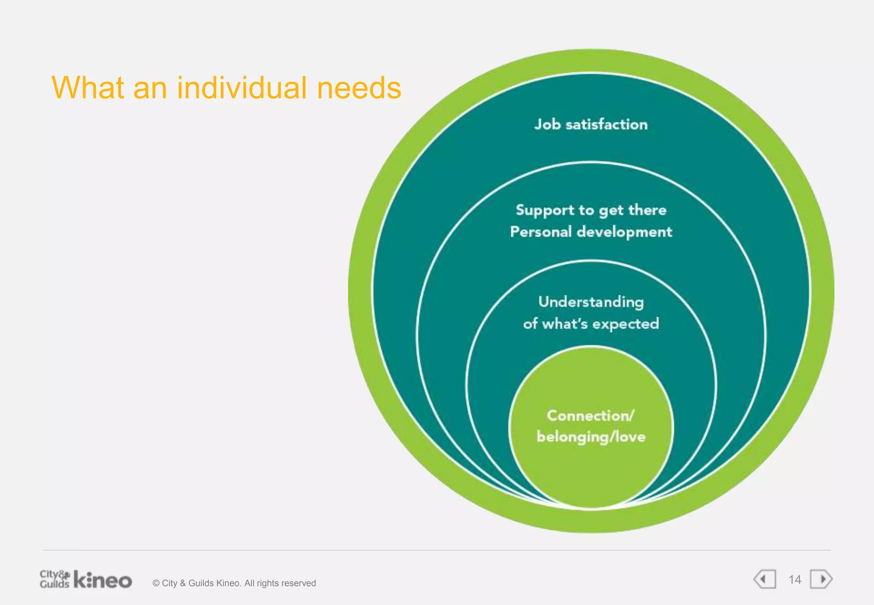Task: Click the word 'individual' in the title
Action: tap(242, 88)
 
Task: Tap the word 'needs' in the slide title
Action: tap(359, 88)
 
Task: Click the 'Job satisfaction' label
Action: tap(591, 125)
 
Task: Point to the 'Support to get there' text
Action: tap(591, 210)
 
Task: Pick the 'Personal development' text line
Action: tap(591, 232)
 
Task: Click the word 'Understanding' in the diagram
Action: tap(591, 302)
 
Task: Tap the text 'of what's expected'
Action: tap(591, 324)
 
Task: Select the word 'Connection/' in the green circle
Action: tap(591, 416)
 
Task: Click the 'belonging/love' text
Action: tap(591, 437)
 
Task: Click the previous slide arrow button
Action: tap(765, 579)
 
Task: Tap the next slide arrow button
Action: tap(822, 579)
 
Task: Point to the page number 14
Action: tap(795, 580)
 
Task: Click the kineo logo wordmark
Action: tap(103, 580)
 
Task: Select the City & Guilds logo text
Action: tap(54, 579)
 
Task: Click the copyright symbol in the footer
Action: tap(156, 583)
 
